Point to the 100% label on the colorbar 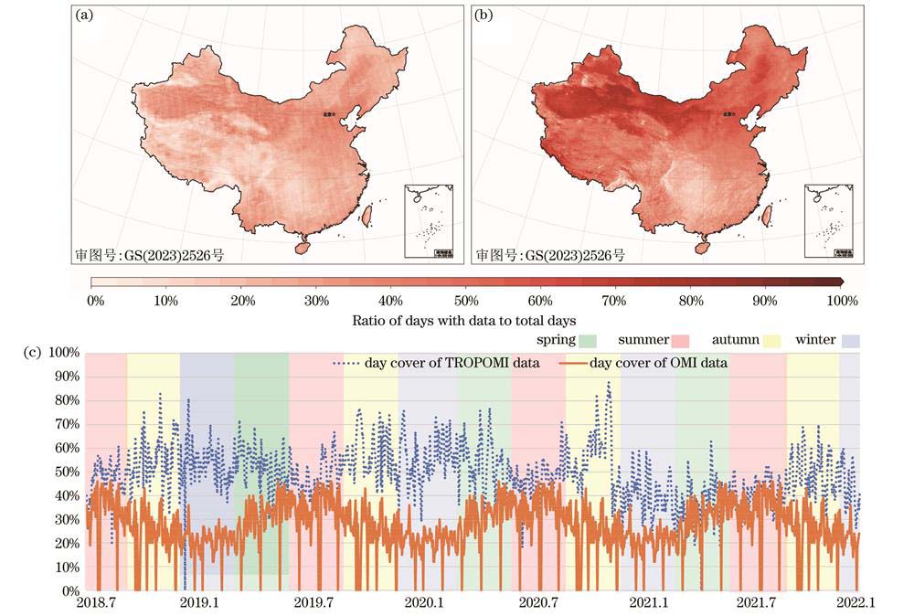(841, 300)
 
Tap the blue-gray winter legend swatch (852, 341)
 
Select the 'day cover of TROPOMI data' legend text (452, 363)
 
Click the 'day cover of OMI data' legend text (658, 363)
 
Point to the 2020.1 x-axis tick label (424, 604)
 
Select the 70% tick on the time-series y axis (69, 424)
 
